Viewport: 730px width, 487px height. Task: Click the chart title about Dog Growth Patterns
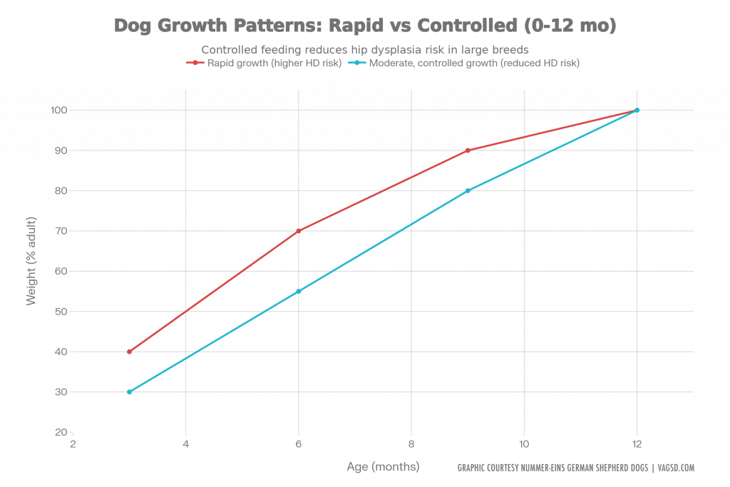tap(365, 26)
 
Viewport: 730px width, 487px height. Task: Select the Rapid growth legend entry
tap(264, 63)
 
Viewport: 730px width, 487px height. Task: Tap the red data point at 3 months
tap(129, 352)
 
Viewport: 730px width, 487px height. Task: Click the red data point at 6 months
tap(299, 231)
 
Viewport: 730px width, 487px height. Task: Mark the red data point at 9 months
tap(468, 150)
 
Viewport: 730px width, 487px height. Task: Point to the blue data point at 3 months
tap(129, 392)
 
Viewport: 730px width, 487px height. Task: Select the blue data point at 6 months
tap(299, 291)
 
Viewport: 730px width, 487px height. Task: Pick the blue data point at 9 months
tap(468, 190)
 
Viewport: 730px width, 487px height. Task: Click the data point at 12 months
tap(637, 110)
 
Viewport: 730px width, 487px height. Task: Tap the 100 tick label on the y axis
tap(58, 111)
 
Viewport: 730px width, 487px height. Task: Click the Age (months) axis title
tap(383, 467)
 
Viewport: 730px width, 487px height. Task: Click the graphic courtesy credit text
tap(575, 468)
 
